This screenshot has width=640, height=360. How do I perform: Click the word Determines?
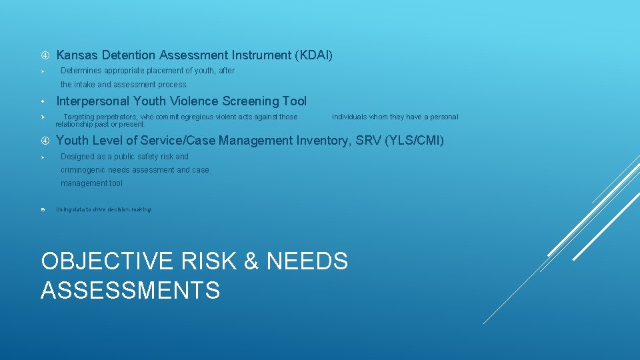[81, 71]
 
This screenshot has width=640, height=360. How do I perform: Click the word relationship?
[75, 124]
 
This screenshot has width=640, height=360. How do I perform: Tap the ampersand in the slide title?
[251, 261]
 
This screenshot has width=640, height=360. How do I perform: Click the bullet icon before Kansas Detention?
[43, 55]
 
